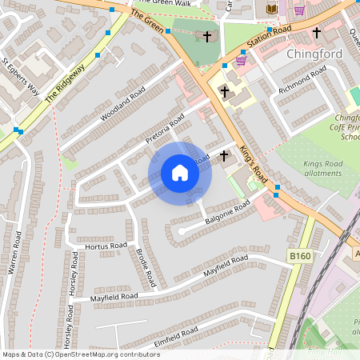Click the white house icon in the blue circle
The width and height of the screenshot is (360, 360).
180,173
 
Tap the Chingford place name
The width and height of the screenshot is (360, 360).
314,54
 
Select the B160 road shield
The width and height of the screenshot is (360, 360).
299,255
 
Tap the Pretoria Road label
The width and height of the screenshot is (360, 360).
165,128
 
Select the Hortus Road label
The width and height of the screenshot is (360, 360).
106,246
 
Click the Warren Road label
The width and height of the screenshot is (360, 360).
14,254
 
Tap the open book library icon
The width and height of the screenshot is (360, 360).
271,9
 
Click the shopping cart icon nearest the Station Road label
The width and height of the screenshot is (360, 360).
241,60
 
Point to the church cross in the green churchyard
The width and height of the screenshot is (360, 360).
208,37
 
